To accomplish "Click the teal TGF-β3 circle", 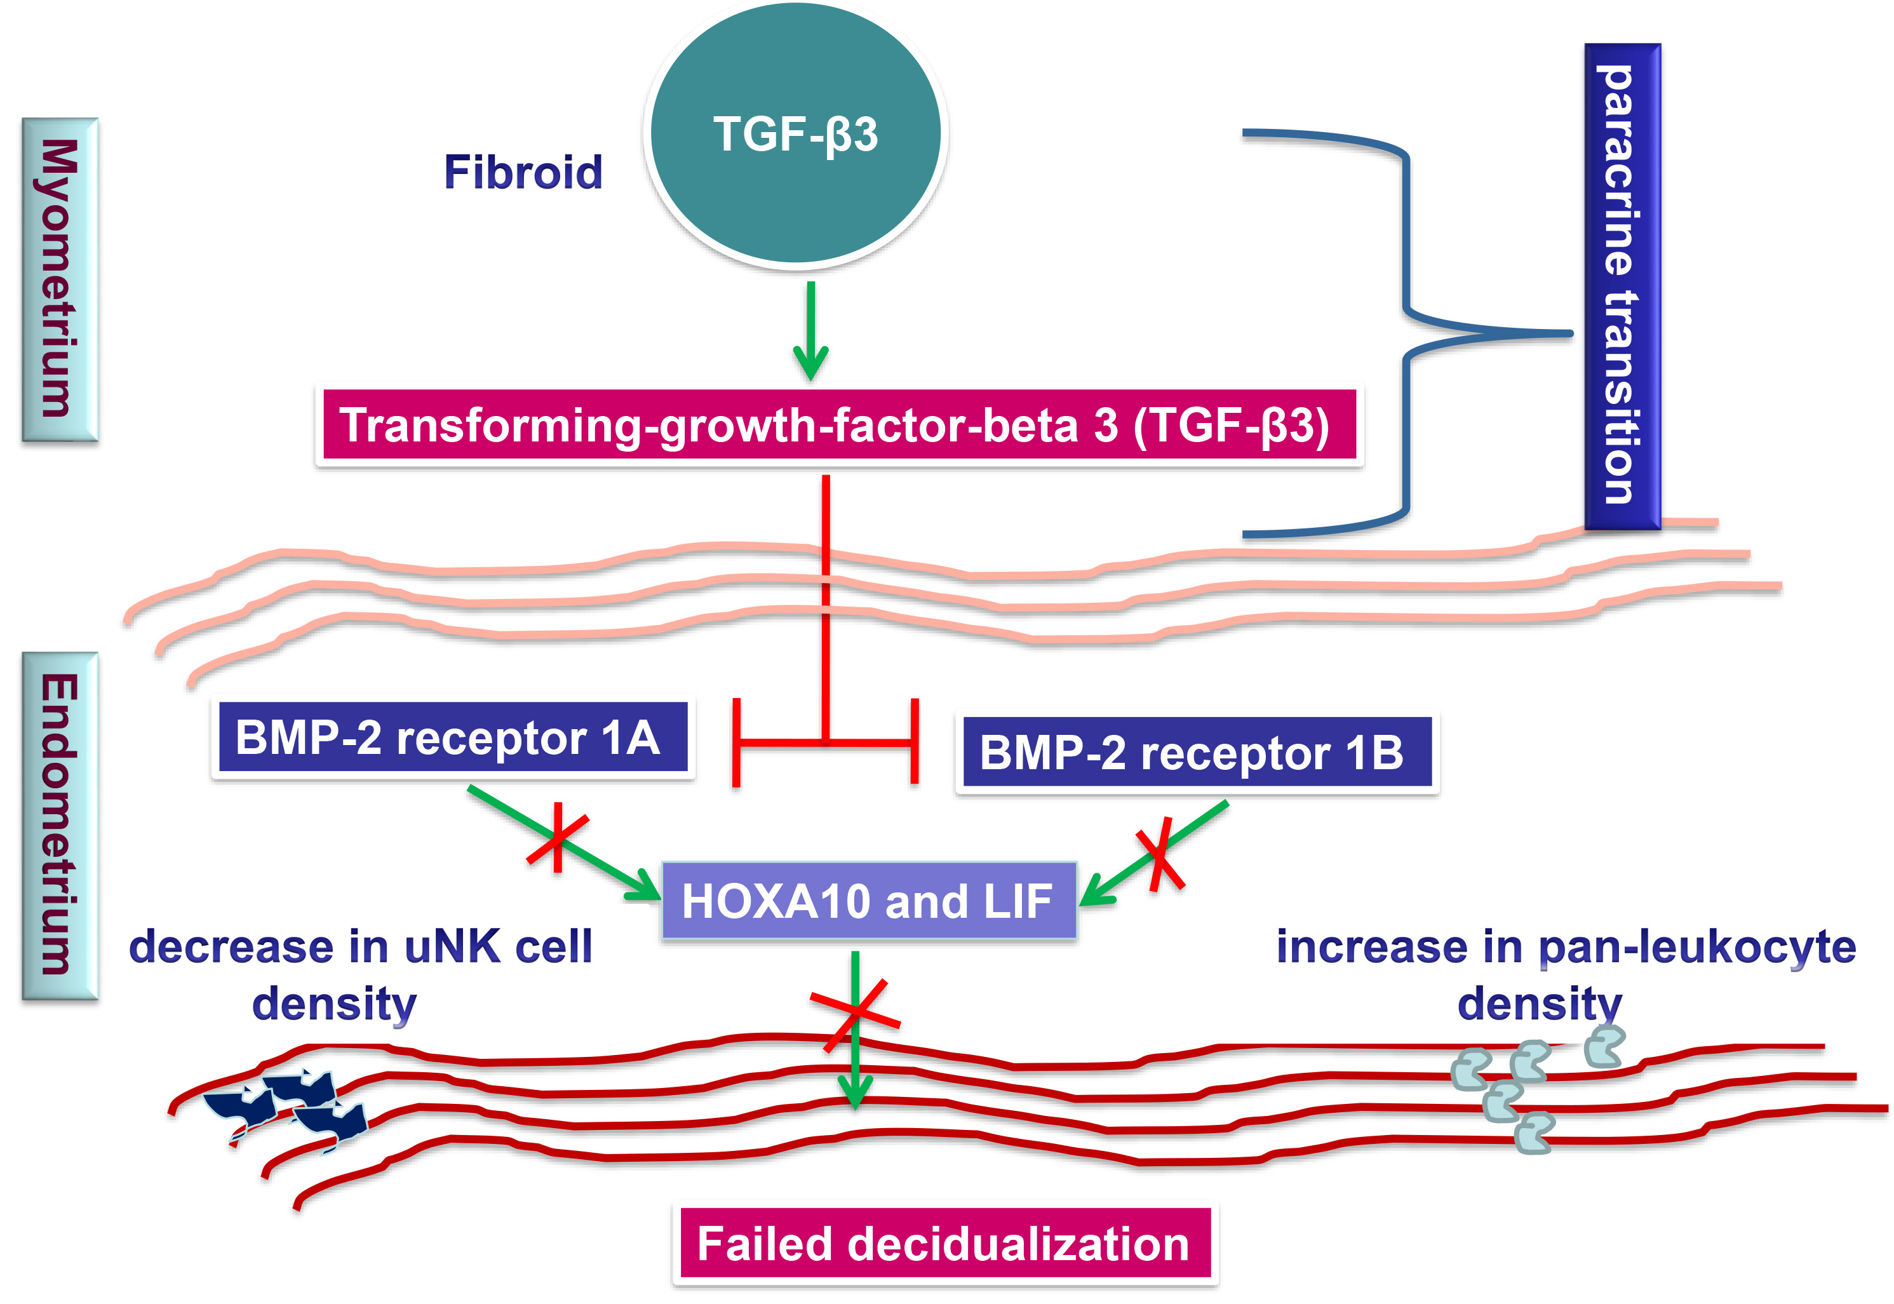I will (795, 135).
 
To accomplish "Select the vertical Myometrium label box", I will (60, 279).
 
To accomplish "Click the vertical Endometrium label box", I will (60, 825).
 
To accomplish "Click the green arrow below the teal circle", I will (810, 331).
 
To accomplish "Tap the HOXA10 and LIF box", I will (868, 901).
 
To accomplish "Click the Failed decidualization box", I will (944, 1244).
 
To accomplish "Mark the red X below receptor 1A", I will (557, 837).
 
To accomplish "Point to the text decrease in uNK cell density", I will (359, 974).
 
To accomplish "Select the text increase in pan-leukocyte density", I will (1565, 974).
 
